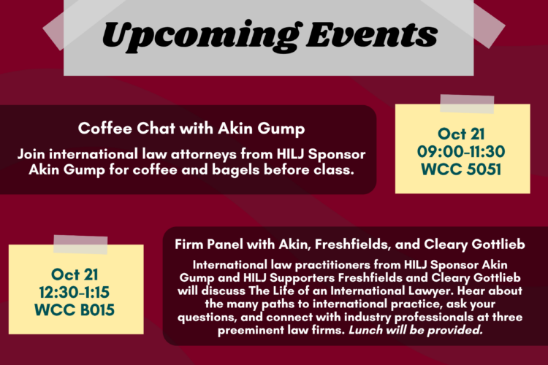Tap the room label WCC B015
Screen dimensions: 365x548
pos(76,310)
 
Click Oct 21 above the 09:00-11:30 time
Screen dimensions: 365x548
pos(463,133)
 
